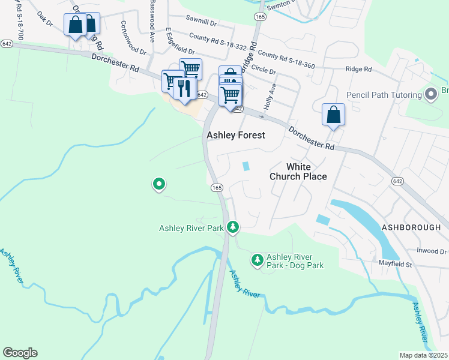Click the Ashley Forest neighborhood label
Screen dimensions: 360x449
point(235,135)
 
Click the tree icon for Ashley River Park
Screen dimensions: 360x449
point(233,227)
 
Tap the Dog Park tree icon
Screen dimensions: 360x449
point(257,260)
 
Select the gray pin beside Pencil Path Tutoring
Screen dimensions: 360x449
point(430,94)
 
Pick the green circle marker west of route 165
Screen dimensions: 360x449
point(158,184)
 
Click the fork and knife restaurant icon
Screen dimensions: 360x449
point(184,88)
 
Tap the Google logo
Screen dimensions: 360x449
point(20,353)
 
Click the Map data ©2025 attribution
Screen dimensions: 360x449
point(423,355)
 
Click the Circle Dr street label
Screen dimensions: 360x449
point(264,70)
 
